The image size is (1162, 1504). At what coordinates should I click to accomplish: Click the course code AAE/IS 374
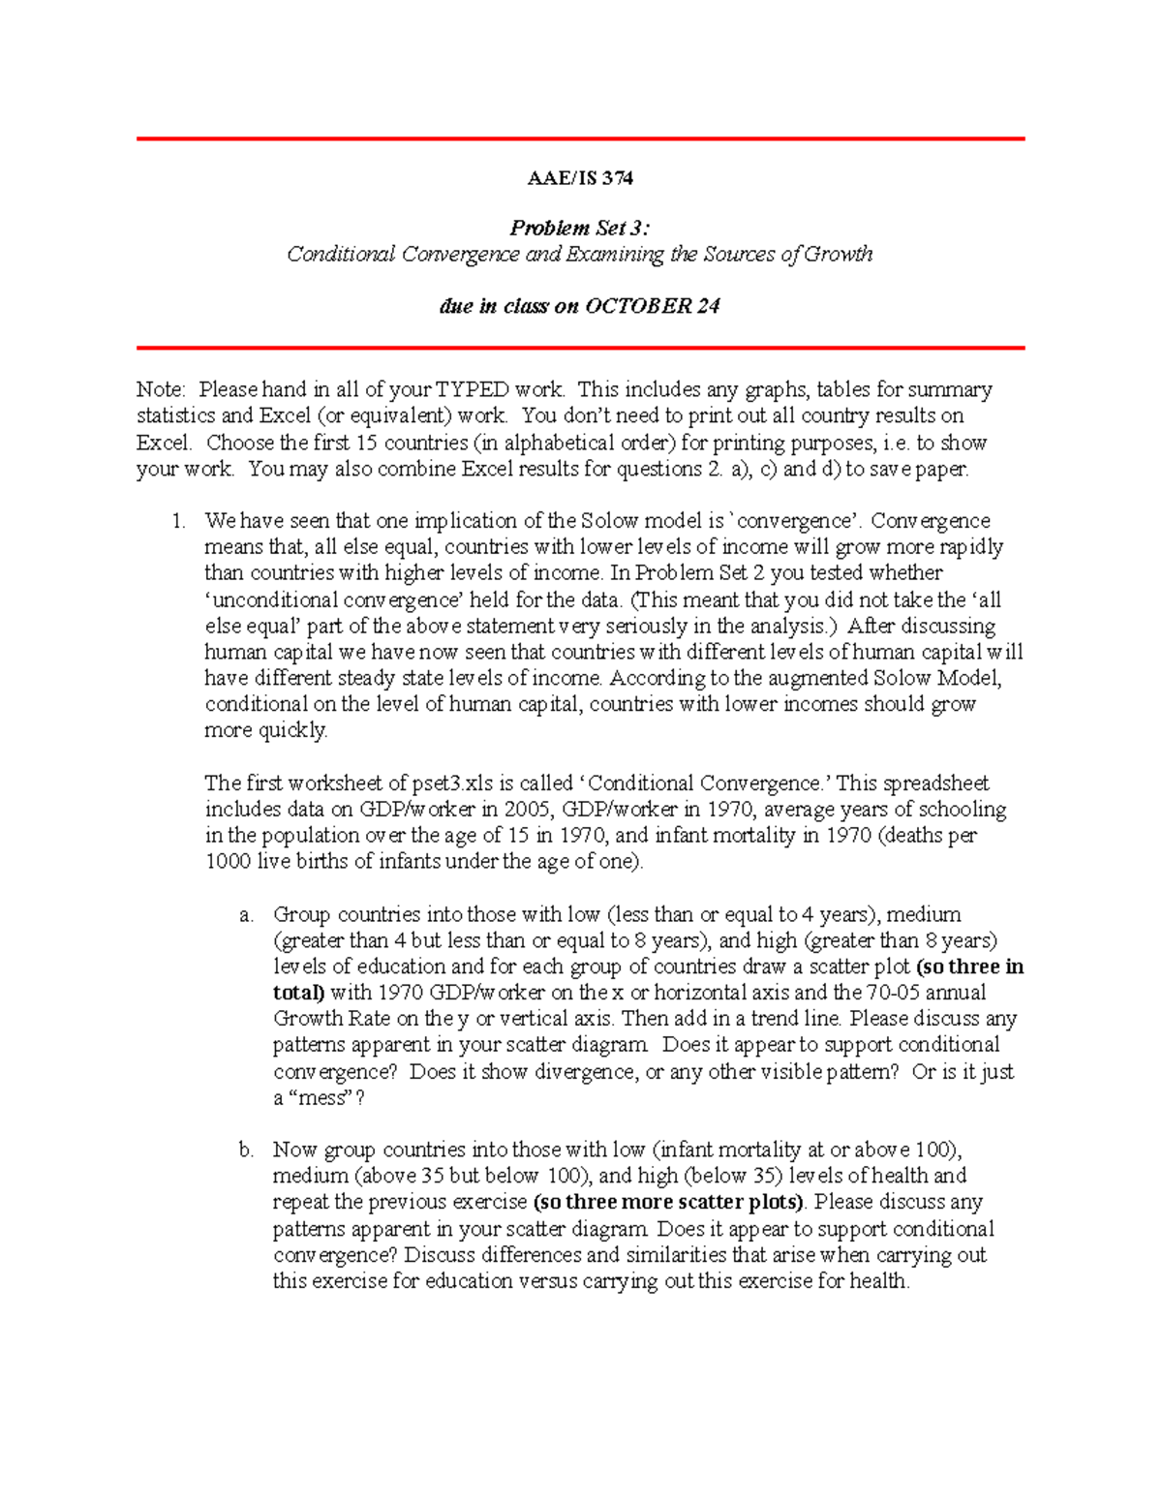click(x=580, y=178)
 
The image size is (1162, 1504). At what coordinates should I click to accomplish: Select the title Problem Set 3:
click(x=580, y=229)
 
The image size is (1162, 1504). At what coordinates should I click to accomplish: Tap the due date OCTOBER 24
click(x=653, y=307)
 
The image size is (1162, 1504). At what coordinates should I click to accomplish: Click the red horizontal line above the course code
click(x=580, y=139)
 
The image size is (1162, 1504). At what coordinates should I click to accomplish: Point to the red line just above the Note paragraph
click(x=580, y=347)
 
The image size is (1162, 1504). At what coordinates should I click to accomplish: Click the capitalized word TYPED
click(x=473, y=389)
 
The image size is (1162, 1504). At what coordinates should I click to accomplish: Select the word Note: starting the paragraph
click(x=161, y=389)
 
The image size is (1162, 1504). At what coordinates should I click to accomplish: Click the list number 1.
click(x=178, y=521)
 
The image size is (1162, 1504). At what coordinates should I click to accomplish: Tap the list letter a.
click(x=246, y=914)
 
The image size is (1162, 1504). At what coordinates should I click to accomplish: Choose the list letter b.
click(x=246, y=1150)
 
